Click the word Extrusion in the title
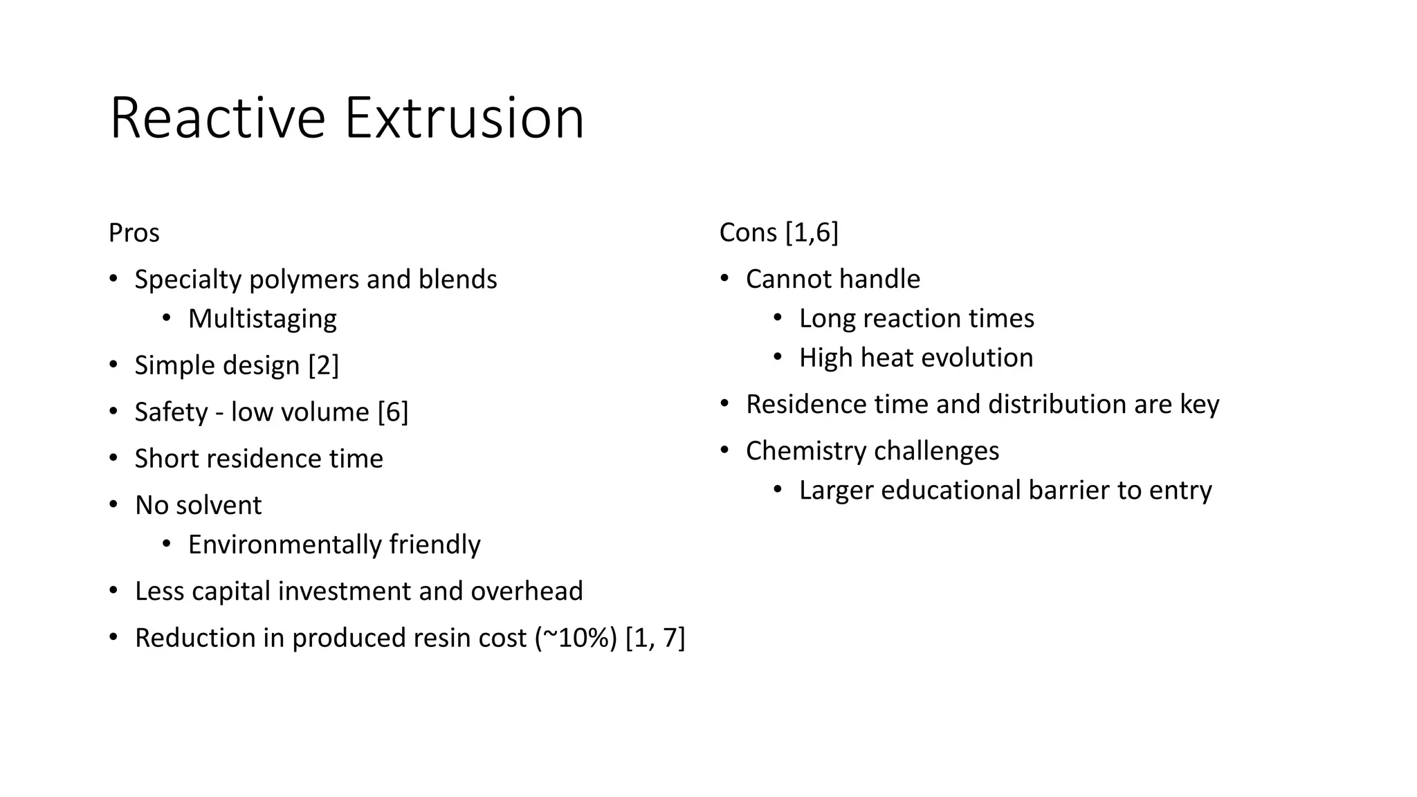pyautogui.click(x=464, y=118)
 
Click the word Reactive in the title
pyautogui.click(x=217, y=118)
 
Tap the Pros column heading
pyautogui.click(x=134, y=233)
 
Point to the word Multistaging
pyautogui.click(x=262, y=319)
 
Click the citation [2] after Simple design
pyautogui.click(x=324, y=365)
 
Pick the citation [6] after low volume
pyautogui.click(x=393, y=412)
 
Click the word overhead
pyautogui.click(x=527, y=592)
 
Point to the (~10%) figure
pyautogui.click(x=576, y=638)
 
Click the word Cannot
pyautogui.click(x=784, y=280)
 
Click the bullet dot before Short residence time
pyautogui.click(x=113, y=457)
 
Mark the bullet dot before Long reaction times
pyautogui.click(x=778, y=318)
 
